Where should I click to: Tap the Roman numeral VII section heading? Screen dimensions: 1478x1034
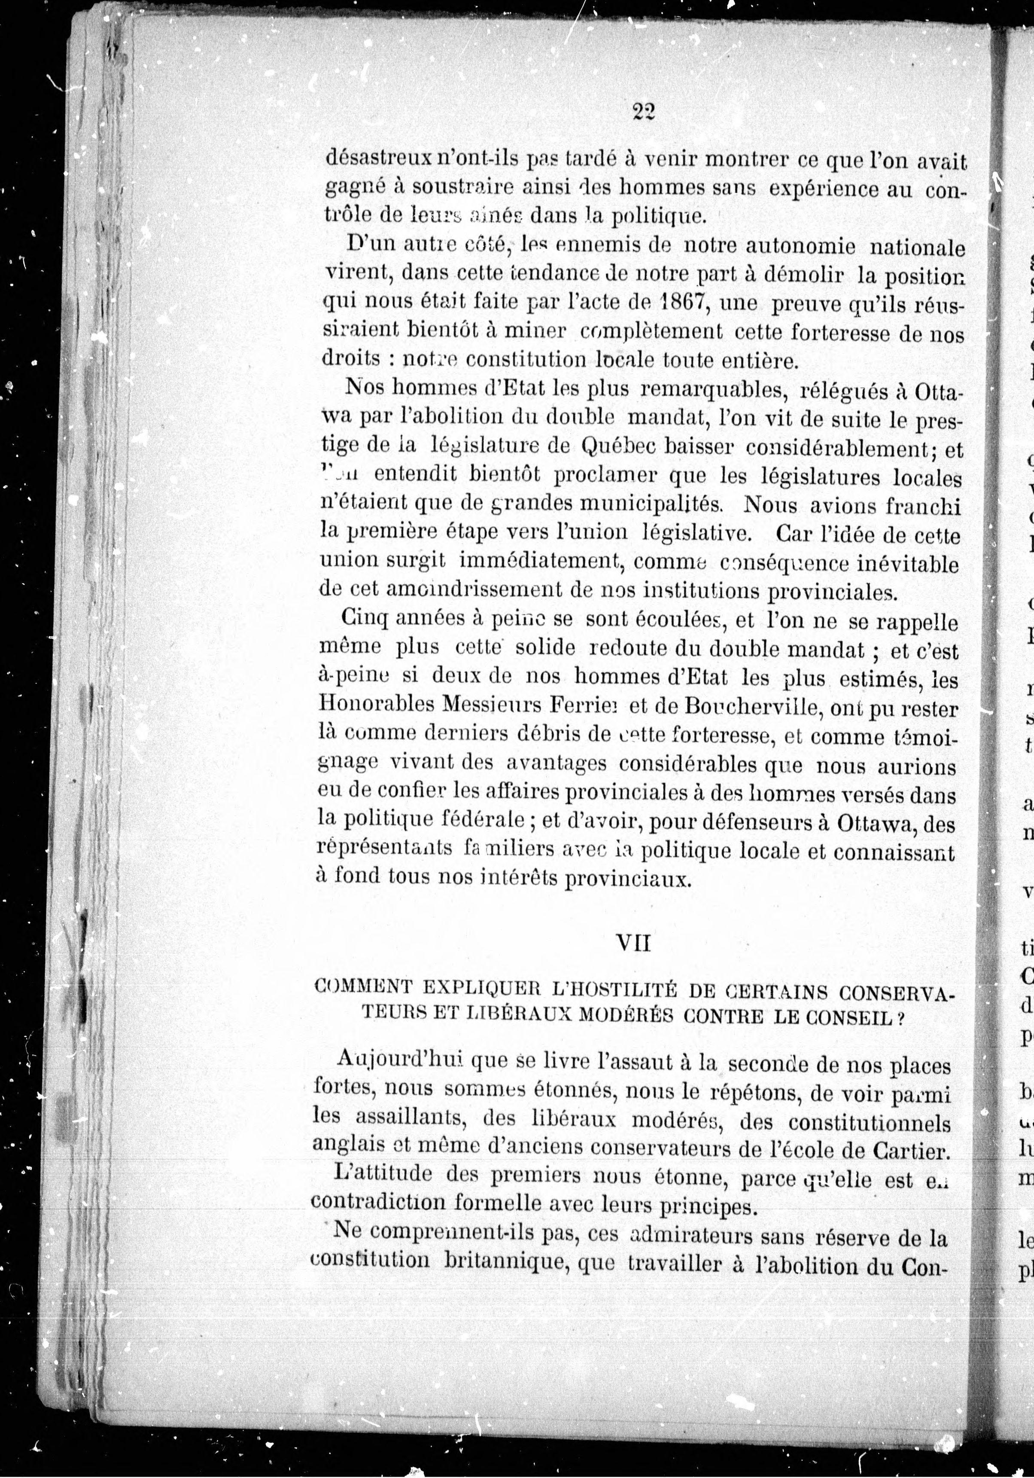pos(634,944)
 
